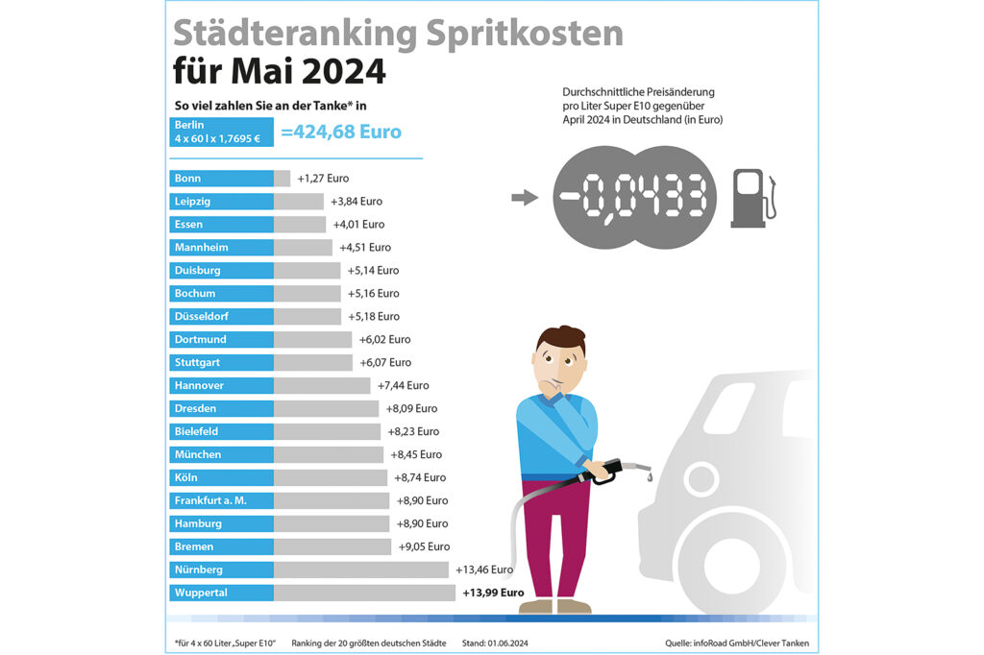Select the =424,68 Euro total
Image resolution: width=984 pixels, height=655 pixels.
click(x=341, y=132)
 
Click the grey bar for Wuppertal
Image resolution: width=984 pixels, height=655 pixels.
click(x=364, y=593)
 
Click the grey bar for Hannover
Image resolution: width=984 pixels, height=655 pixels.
click(x=322, y=385)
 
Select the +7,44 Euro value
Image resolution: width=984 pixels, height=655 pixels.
click(x=403, y=385)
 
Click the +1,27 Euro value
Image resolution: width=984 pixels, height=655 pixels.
click(x=323, y=179)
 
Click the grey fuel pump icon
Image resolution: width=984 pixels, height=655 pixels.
click(x=751, y=198)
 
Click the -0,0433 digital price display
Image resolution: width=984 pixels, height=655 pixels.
click(x=634, y=198)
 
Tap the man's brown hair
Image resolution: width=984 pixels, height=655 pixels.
click(x=559, y=340)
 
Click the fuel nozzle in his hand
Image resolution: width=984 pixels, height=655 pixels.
click(x=615, y=470)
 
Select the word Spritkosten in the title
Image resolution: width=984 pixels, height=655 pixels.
click(x=521, y=34)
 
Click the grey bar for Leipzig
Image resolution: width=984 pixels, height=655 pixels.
click(x=299, y=202)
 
